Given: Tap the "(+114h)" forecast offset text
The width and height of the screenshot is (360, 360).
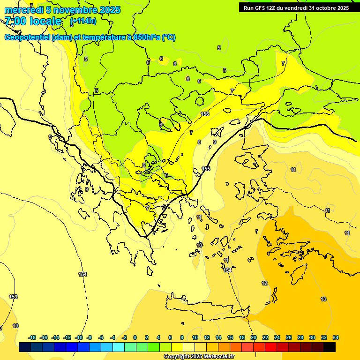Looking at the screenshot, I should (83, 21).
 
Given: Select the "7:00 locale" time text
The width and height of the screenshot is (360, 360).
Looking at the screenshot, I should (33, 21).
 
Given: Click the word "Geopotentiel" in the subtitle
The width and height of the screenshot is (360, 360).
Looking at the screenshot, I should (28, 37).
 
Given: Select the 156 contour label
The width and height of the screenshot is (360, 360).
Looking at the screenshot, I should (205, 114).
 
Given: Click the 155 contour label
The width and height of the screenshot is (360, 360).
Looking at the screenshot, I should (206, 169).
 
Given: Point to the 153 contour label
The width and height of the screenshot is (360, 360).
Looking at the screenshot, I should (13, 297).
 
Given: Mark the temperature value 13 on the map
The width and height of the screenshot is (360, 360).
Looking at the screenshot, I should (323, 299).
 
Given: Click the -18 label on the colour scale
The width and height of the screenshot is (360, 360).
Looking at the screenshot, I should (32, 337).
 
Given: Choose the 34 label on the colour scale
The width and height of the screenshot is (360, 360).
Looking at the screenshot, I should (336, 337).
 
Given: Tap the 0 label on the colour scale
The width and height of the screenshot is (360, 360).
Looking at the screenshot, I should (135, 337).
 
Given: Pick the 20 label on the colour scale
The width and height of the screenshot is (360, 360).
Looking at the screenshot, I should (254, 337).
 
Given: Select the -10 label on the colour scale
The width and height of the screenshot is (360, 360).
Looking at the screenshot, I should (78, 337).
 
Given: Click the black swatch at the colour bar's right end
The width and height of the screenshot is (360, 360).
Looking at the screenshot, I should (330, 347).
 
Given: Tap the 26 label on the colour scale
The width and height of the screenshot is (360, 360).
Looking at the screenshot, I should (289, 337).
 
